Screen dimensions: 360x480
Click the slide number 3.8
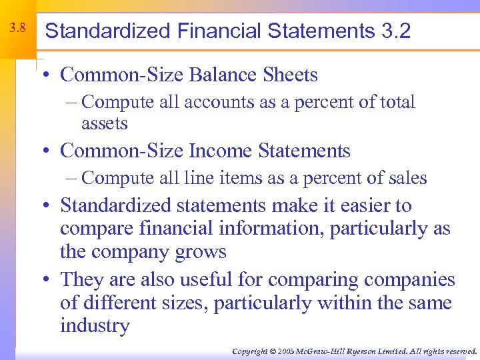point(18,29)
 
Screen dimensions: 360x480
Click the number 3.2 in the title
point(396,31)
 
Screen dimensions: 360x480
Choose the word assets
point(104,123)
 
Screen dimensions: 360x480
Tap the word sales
point(405,178)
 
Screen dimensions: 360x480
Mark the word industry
point(95,326)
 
